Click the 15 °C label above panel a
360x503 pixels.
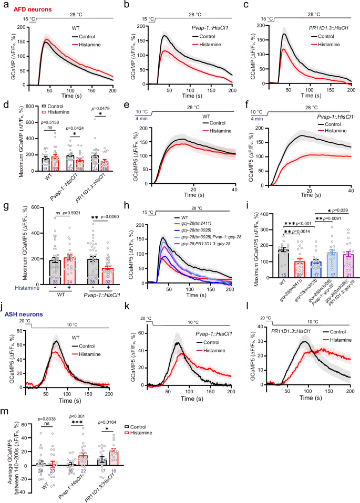coord(15,19)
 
